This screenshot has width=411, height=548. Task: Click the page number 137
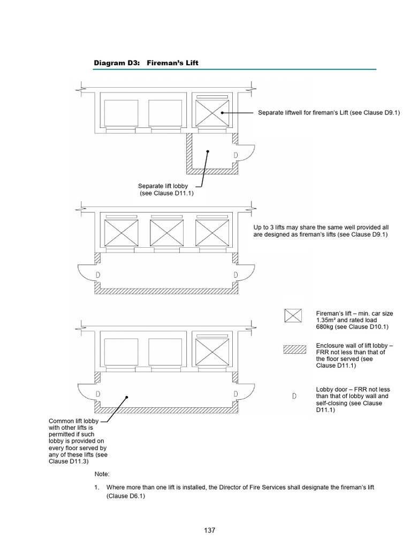click(209, 530)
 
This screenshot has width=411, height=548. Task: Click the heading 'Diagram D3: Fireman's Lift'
click(146, 63)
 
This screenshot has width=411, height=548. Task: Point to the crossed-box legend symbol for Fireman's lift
click(293, 316)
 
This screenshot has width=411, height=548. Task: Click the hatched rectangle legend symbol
click(293, 350)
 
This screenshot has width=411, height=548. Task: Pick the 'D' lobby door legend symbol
click(294, 396)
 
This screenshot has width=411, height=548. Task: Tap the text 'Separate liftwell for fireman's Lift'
click(329, 113)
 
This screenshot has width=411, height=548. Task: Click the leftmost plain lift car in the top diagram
click(120, 113)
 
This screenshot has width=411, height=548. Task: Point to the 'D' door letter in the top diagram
click(236, 155)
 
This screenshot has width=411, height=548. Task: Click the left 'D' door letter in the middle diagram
click(97, 275)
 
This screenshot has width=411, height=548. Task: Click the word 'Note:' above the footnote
click(102, 474)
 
